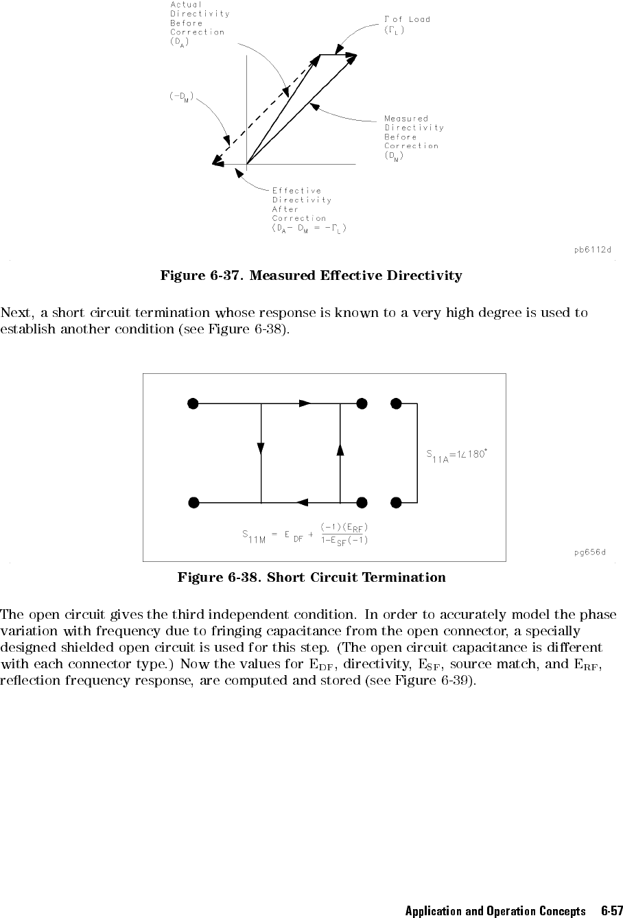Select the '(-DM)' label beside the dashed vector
182,96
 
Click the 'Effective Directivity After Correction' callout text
308,209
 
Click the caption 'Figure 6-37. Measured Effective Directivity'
311,276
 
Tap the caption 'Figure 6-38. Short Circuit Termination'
311,577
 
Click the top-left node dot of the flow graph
193,403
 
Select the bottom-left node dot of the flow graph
193,503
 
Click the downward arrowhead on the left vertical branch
261,449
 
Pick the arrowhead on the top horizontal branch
305,403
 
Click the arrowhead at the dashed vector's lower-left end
217,163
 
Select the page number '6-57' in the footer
607,911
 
